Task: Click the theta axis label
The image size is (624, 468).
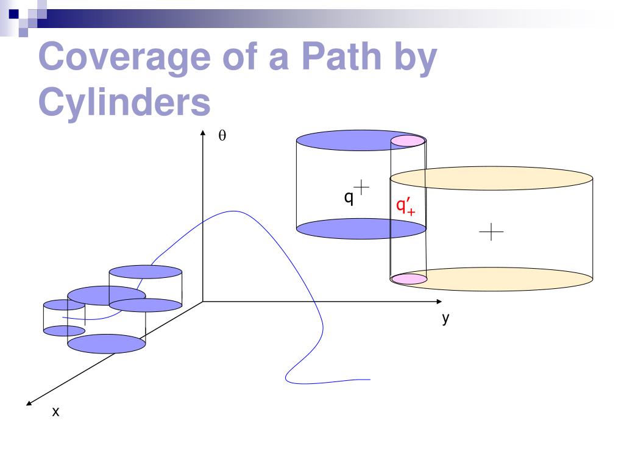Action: [222, 136]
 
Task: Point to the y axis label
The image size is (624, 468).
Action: [446, 318]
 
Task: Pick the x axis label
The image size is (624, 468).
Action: [55, 413]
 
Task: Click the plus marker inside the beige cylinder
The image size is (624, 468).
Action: [491, 232]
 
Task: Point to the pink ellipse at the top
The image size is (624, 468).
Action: [407, 141]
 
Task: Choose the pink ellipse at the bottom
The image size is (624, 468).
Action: [408, 279]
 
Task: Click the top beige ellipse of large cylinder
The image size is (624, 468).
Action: [491, 178]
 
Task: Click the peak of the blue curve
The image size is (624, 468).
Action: [233, 211]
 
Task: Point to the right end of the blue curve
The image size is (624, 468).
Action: [370, 380]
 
